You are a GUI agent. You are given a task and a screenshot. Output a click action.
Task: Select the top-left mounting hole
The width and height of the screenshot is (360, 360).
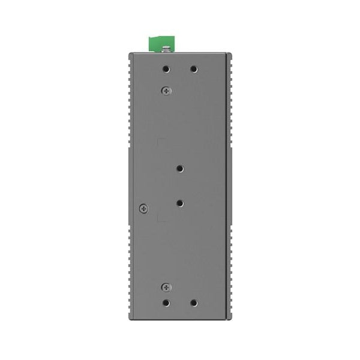pyautogui.click(x=167, y=69)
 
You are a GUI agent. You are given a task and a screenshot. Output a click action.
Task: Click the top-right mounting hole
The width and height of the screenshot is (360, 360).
pyautogui.click(x=193, y=69)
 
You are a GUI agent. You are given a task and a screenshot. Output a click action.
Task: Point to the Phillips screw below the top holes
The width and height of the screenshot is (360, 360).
pyautogui.click(x=166, y=91)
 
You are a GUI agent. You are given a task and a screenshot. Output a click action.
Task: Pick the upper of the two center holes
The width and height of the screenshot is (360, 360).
pyautogui.click(x=180, y=170)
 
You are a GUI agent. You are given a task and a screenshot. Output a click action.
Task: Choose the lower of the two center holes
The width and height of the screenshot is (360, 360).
pyautogui.click(x=180, y=203)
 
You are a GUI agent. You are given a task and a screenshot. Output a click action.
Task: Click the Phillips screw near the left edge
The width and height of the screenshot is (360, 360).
pyautogui.click(x=143, y=208)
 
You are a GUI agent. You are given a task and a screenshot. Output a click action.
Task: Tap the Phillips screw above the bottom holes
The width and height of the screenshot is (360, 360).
pyautogui.click(x=166, y=287)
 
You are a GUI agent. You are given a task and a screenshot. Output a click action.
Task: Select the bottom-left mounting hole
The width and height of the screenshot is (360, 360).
pyautogui.click(x=167, y=303)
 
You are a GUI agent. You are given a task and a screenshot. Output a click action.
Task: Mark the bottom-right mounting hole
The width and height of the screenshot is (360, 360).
pyautogui.click(x=193, y=303)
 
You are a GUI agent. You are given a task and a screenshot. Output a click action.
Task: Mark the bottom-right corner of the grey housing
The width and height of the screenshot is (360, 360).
pyautogui.click(x=229, y=319)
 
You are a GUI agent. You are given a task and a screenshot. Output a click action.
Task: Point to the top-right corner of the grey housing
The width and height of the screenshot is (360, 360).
pyautogui.click(x=229, y=53)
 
